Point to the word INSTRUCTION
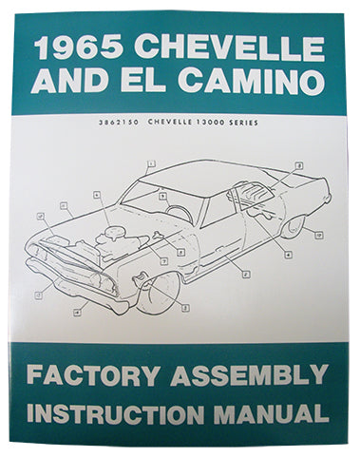coord(123,415)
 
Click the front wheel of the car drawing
coord(158,291)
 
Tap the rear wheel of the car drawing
coord(293,225)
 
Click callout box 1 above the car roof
coord(150,164)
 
